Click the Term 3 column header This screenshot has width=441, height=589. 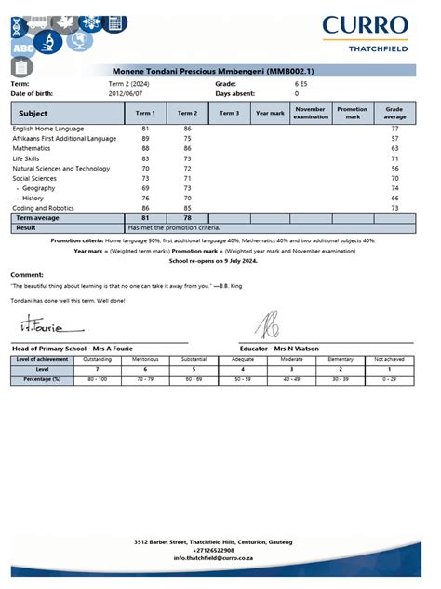click(x=229, y=113)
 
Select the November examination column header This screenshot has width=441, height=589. click(x=310, y=112)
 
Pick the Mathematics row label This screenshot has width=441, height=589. click(x=32, y=148)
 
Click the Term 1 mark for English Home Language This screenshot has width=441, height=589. click(x=146, y=128)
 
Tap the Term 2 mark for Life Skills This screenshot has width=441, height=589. click(x=188, y=158)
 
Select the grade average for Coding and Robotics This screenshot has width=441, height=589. click(x=394, y=208)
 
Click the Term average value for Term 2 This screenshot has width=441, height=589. click(x=188, y=218)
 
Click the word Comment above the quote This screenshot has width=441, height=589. click(x=27, y=275)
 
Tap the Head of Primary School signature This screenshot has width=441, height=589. click(x=47, y=327)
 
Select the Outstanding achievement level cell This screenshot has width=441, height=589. click(x=98, y=359)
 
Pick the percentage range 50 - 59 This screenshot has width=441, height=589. click(x=243, y=379)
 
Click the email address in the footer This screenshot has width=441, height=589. click(x=220, y=557)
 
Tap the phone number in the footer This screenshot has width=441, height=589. click(x=220, y=550)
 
